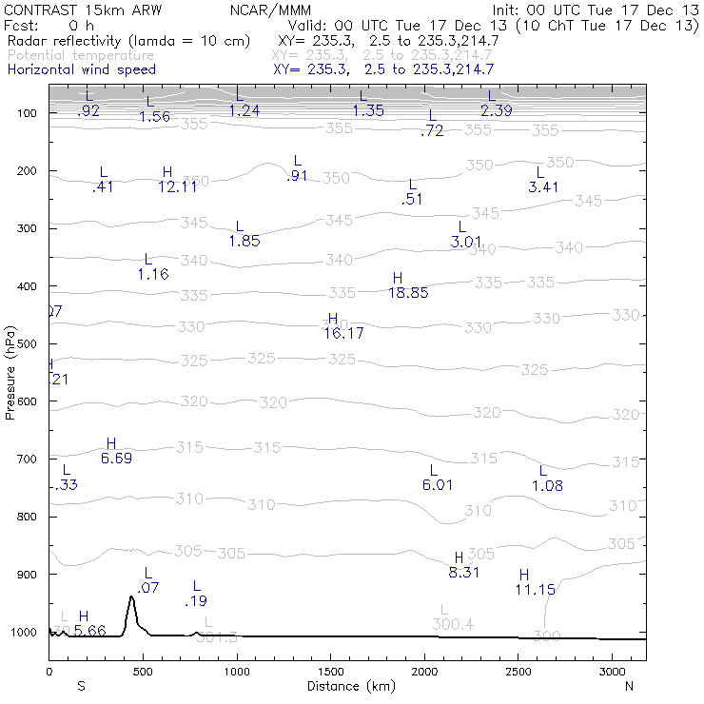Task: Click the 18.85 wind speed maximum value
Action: point(408,293)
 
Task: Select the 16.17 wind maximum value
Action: point(343,333)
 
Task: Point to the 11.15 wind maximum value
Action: point(535,590)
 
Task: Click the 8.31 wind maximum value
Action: point(463,572)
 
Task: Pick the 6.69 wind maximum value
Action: point(116,459)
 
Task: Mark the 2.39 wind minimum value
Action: point(497,110)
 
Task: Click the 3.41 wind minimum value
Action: point(543,186)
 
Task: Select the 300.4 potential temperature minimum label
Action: point(453,624)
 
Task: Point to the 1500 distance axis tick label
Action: point(331,673)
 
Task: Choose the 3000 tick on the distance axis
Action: point(613,673)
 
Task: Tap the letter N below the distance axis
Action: point(629,686)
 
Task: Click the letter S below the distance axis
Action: point(82,686)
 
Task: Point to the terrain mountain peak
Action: point(131,596)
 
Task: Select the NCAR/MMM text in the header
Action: point(270,10)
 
